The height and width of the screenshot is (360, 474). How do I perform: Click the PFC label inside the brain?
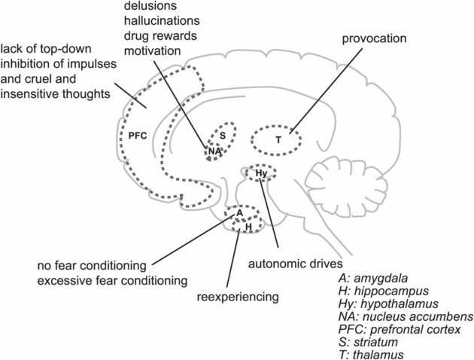tap(138, 137)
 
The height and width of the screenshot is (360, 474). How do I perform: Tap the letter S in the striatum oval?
tap(223, 135)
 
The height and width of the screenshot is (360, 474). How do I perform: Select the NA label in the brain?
tap(215, 151)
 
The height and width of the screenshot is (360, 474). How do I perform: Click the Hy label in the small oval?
tap(261, 174)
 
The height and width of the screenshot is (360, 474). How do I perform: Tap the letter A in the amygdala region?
tap(239, 213)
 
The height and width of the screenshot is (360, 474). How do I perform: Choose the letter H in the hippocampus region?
tap(248, 225)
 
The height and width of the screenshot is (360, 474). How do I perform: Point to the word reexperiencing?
tap(239, 297)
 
